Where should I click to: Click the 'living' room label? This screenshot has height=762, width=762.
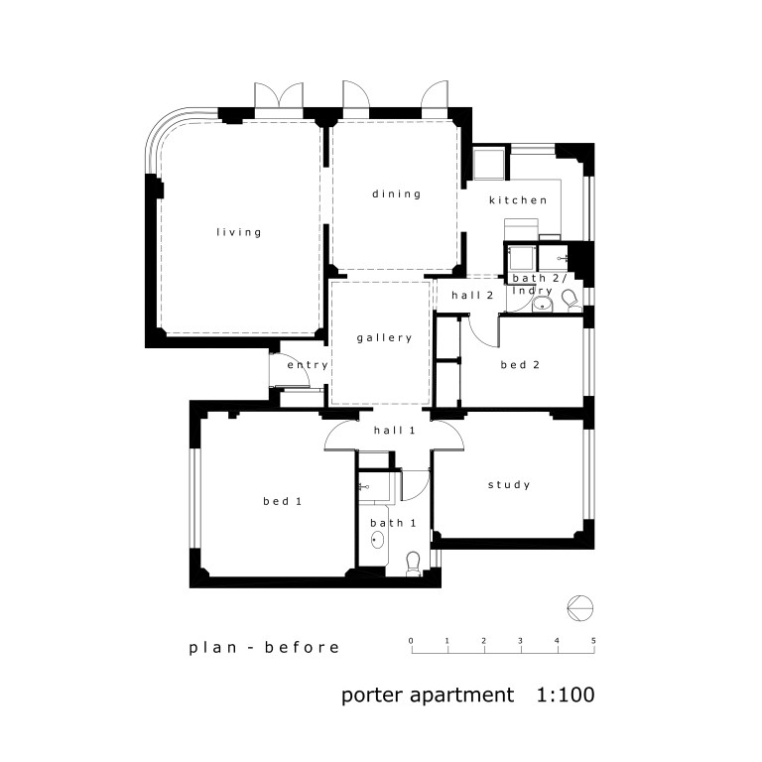click(x=239, y=232)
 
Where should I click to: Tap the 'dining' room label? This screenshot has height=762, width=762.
click(x=397, y=193)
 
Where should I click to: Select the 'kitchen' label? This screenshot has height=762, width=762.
click(x=518, y=200)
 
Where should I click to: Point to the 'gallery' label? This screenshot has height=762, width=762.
click(x=384, y=338)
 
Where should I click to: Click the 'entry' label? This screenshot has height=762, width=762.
click(x=308, y=365)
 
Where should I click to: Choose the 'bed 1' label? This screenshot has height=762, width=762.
click(x=282, y=501)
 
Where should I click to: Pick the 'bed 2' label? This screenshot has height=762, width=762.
click(x=520, y=365)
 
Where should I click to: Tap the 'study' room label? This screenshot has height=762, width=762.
click(x=509, y=485)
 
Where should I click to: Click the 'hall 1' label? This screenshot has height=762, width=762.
click(x=394, y=431)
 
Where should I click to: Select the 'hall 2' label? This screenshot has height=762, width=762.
click(x=472, y=296)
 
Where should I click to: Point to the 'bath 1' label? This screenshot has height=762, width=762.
click(x=387, y=522)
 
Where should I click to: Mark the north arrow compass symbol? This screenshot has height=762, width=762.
click(x=581, y=604)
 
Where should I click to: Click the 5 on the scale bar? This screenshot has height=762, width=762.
click(x=593, y=641)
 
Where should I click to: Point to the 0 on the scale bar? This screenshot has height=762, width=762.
click(x=411, y=641)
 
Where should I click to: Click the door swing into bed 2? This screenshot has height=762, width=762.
click(x=483, y=330)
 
